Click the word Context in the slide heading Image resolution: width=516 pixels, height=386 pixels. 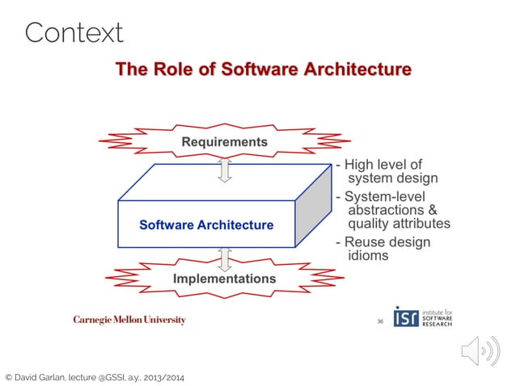click(x=74, y=33)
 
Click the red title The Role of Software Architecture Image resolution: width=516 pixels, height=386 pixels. click(x=263, y=69)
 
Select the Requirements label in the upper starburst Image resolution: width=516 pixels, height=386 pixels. click(x=224, y=142)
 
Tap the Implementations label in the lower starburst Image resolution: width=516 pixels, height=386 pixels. click(x=224, y=279)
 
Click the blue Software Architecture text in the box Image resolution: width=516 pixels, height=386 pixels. click(x=206, y=224)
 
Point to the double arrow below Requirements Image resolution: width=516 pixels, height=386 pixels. click(x=225, y=170)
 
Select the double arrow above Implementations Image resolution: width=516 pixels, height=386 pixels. click(x=225, y=258)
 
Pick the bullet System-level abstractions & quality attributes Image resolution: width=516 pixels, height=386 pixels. click(x=393, y=211)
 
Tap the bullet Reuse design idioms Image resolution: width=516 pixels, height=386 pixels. click(x=382, y=249)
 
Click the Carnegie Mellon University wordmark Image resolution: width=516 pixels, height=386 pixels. click(x=129, y=320)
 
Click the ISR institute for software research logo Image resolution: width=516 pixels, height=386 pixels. click(x=422, y=317)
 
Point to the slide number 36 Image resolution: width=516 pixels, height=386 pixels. click(x=379, y=321)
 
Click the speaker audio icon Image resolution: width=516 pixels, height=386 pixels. click(x=475, y=351)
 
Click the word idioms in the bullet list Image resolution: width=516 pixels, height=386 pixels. click(x=368, y=256)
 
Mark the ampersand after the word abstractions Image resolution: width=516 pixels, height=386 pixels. click(x=433, y=211)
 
